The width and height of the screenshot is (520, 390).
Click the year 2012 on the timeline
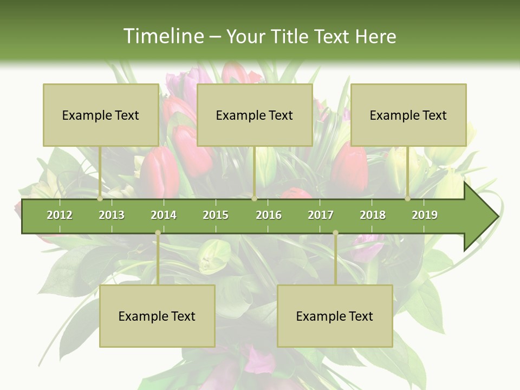point(60,215)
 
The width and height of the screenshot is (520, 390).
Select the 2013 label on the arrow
point(112,215)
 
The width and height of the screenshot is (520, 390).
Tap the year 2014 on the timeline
point(164,215)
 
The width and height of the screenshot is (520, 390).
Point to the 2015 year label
point(216,215)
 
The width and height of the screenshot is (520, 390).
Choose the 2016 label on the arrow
point(269,215)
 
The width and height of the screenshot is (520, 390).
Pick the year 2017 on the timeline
point(321,215)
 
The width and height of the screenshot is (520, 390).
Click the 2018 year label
point(373,215)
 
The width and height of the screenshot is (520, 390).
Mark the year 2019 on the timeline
point(425,215)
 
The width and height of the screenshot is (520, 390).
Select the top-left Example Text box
point(101,115)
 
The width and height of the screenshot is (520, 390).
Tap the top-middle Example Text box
point(255,115)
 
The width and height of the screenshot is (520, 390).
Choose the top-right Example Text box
point(408,115)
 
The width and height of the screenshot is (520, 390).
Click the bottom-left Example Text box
point(157,316)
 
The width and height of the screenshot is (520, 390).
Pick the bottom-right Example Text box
point(335,316)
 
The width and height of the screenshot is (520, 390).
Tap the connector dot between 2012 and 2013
point(100,199)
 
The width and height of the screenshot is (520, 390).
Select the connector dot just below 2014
point(158,233)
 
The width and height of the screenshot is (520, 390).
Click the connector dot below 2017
point(335,233)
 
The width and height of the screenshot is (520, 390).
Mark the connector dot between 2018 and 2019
point(408,199)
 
